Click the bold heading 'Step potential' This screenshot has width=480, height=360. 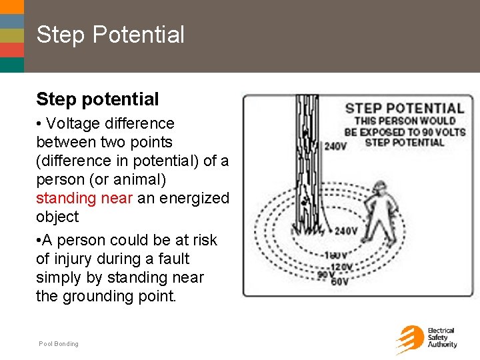pos(97,99)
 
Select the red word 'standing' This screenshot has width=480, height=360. pos(65,198)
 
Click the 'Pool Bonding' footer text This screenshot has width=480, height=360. pos(59,344)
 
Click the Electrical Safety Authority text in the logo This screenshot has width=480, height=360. pos(442,338)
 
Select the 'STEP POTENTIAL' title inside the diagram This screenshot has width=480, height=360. pos(404,108)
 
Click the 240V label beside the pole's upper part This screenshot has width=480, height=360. pos(335,145)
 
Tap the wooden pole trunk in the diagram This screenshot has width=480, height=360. pos(307,160)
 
